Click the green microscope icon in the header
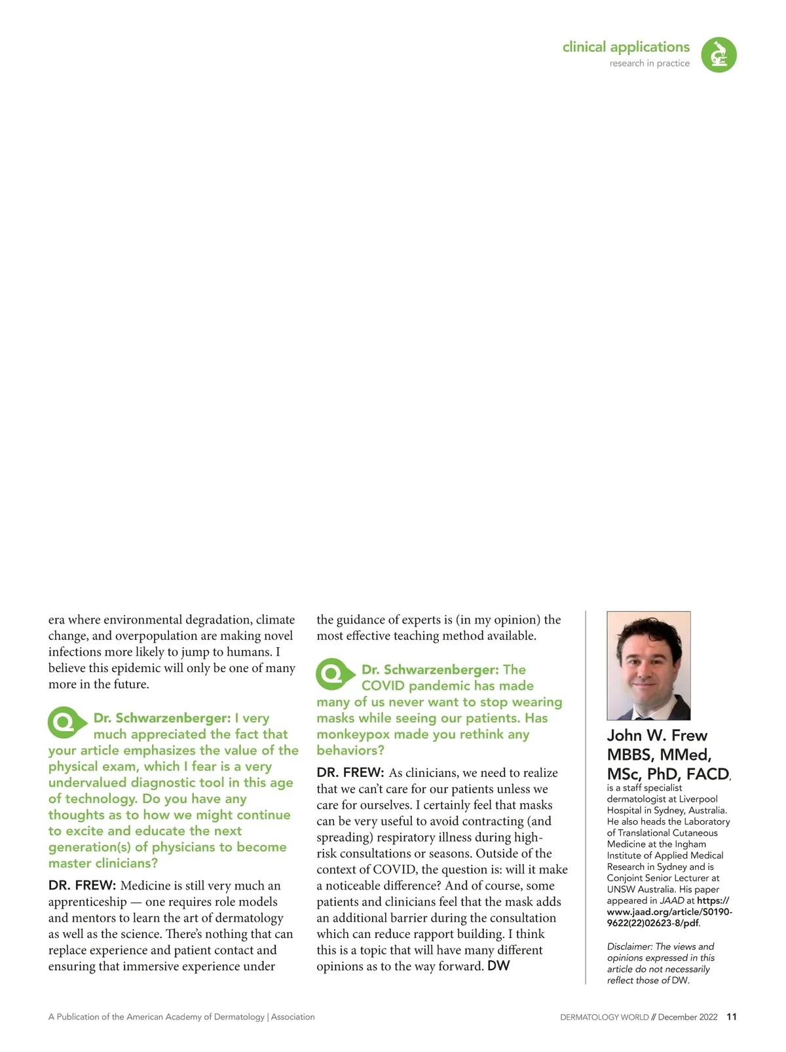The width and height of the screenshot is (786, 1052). [x=719, y=54]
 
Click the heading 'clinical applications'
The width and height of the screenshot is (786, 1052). [x=626, y=47]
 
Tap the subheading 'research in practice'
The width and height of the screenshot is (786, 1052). [x=649, y=64]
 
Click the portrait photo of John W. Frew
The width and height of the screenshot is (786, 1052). [x=648, y=665]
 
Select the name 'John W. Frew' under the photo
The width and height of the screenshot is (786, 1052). [x=657, y=735]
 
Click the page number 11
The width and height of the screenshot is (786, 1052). [x=732, y=1017]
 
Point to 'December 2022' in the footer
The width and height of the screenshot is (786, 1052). [x=688, y=1017]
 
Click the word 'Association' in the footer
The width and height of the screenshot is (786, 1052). [x=293, y=1017]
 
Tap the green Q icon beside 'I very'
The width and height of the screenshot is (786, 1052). [x=66, y=722]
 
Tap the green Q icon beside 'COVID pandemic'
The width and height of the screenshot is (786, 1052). [x=335, y=673]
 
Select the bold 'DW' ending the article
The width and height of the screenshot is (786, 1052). [x=498, y=966]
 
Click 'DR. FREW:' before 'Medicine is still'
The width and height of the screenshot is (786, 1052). [x=82, y=886]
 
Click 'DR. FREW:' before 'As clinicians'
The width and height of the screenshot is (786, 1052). [x=350, y=773]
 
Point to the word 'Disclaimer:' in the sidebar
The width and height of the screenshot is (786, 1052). [x=629, y=947]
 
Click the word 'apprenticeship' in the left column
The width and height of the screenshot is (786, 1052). [x=87, y=902]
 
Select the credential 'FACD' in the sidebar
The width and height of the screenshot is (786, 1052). [x=707, y=774]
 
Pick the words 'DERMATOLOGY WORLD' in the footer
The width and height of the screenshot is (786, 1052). [x=604, y=1017]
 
